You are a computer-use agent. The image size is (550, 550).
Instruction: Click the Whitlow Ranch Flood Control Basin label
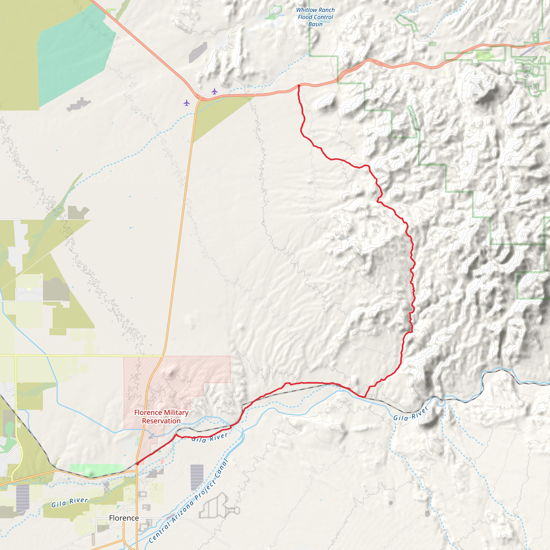(316, 17)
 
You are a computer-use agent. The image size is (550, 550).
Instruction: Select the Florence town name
(124, 518)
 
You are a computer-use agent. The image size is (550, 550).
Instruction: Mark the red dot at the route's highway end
(299, 86)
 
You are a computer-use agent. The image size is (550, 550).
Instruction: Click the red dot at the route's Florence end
(137, 464)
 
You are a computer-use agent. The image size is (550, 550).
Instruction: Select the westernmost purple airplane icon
(186, 103)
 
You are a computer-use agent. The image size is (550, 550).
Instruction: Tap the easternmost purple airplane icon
(214, 91)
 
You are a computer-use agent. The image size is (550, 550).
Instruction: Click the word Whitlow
(307, 10)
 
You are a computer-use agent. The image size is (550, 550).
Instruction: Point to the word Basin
(316, 24)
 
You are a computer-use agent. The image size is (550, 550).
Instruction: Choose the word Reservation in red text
(161, 421)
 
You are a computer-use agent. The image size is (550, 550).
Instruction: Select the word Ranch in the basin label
(327, 10)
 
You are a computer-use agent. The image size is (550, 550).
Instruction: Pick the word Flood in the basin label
(305, 17)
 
